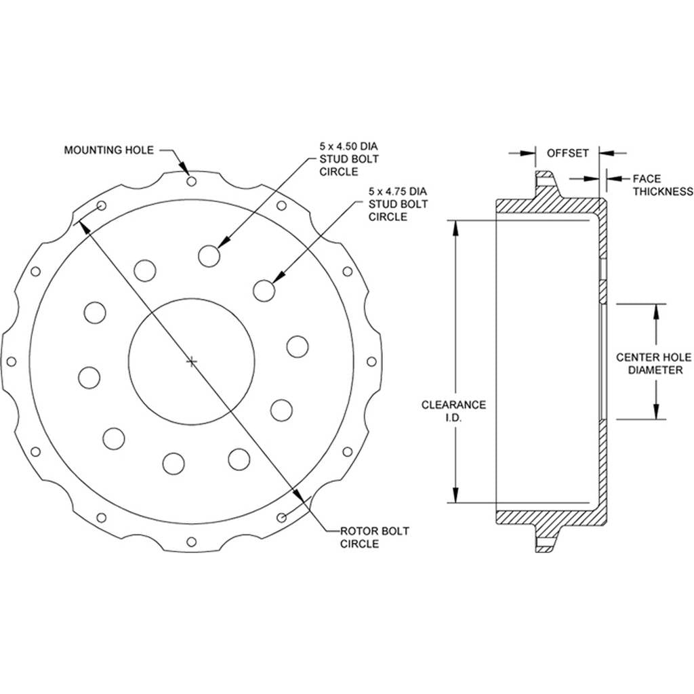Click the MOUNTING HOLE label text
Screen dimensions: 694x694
[x=109, y=150]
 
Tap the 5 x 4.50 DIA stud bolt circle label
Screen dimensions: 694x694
[x=349, y=159]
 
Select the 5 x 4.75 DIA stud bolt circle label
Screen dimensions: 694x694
[x=399, y=204]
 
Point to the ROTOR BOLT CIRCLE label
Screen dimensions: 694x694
[x=374, y=537]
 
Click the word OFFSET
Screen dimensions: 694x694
[x=568, y=153]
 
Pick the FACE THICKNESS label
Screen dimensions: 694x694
[x=663, y=185]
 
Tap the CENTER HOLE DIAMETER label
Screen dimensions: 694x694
[x=654, y=363]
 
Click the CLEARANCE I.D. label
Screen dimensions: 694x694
[x=453, y=411]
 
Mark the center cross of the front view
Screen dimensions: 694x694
[x=192, y=362]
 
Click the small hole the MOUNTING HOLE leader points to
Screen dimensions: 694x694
[x=192, y=182]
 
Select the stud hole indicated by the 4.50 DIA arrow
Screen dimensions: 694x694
[x=209, y=256]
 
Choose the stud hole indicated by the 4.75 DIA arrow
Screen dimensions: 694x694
[x=264, y=291]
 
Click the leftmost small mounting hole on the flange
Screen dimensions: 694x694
[x=12, y=362]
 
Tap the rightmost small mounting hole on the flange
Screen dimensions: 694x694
[x=372, y=362]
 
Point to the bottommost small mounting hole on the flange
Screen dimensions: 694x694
[x=192, y=542]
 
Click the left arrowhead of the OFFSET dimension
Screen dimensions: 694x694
[x=528, y=153]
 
